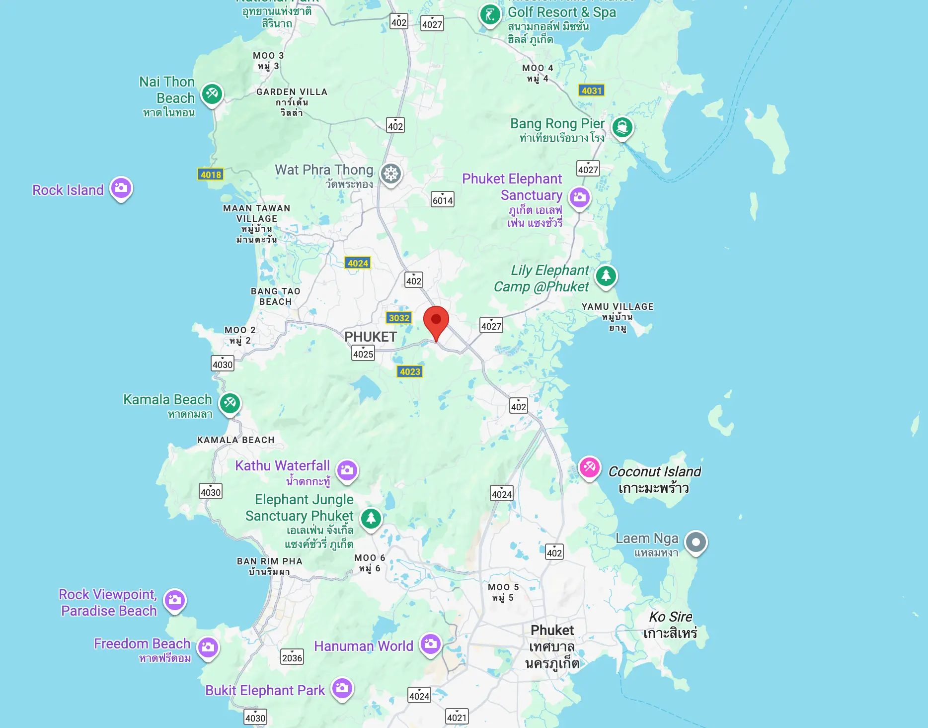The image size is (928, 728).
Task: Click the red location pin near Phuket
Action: tap(436, 320)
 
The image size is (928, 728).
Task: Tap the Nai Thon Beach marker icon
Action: tap(212, 93)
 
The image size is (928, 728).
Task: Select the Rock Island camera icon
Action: tap(121, 188)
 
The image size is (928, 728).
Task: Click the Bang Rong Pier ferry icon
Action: tap(622, 127)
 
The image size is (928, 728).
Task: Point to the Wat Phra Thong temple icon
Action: tap(391, 174)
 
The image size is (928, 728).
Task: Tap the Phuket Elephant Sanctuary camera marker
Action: tap(579, 197)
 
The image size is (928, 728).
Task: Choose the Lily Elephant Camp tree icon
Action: tap(606, 275)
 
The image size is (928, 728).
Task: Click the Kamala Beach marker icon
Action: tap(230, 402)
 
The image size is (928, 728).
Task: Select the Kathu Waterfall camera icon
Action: tap(347, 470)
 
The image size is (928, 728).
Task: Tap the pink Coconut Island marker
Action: tap(590, 467)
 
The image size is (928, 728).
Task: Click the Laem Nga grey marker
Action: tap(696, 542)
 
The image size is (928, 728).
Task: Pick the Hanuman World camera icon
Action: tap(431, 644)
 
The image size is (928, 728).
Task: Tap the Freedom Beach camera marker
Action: tap(209, 647)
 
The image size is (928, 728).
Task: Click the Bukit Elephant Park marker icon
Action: tap(342, 688)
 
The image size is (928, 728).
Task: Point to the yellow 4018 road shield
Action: tap(211, 175)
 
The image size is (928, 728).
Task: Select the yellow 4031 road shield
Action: tap(592, 91)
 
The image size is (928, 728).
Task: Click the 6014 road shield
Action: tap(443, 199)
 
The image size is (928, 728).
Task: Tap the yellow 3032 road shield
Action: tap(399, 318)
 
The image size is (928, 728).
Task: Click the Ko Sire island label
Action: tap(671, 625)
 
